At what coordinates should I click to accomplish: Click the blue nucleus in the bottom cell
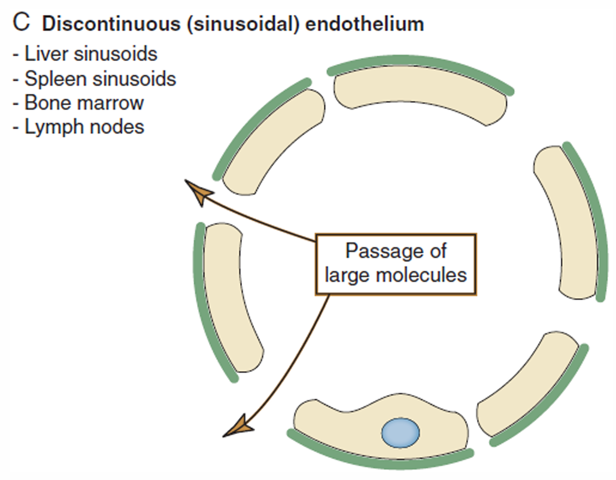tap(400, 432)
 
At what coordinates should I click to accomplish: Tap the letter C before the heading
tap(21, 23)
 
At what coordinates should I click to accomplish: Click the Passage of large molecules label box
tap(396, 264)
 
